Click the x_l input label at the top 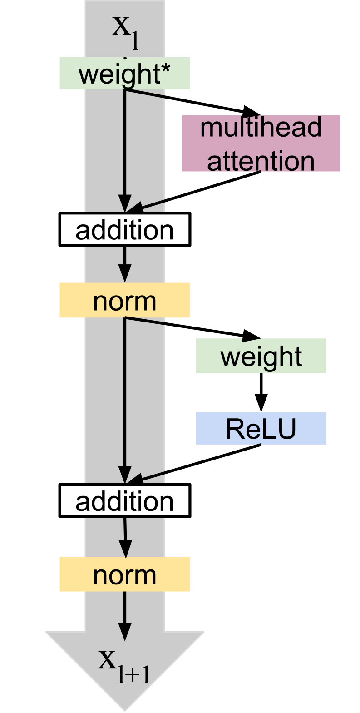(125, 32)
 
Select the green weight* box (124, 74)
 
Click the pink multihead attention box (261, 143)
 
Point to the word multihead (261, 128)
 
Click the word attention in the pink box (261, 161)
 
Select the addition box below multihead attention (124, 229)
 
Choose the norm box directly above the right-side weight (124, 300)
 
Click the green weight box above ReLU (261, 356)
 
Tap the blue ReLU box (261, 428)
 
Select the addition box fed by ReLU (124, 500)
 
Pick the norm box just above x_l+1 (124, 574)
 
